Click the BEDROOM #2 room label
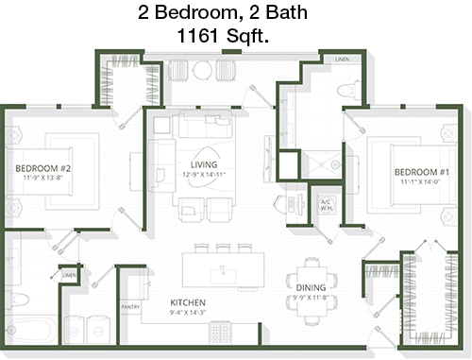tap(43, 168)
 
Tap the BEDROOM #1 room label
tap(422, 172)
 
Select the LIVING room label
tap(204, 164)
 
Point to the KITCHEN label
tap(188, 302)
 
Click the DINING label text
tap(311, 287)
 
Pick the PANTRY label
tap(130, 307)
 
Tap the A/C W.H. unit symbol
tap(327, 205)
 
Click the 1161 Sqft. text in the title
tap(223, 35)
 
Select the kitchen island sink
tap(224, 275)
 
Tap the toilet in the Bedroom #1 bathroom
tap(348, 90)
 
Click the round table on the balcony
tap(202, 70)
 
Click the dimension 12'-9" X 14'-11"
tap(204, 175)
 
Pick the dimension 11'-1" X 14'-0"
tap(420, 181)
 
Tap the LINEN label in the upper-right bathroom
tap(343, 60)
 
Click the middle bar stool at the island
tap(223, 249)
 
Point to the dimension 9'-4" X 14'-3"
tap(188, 313)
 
